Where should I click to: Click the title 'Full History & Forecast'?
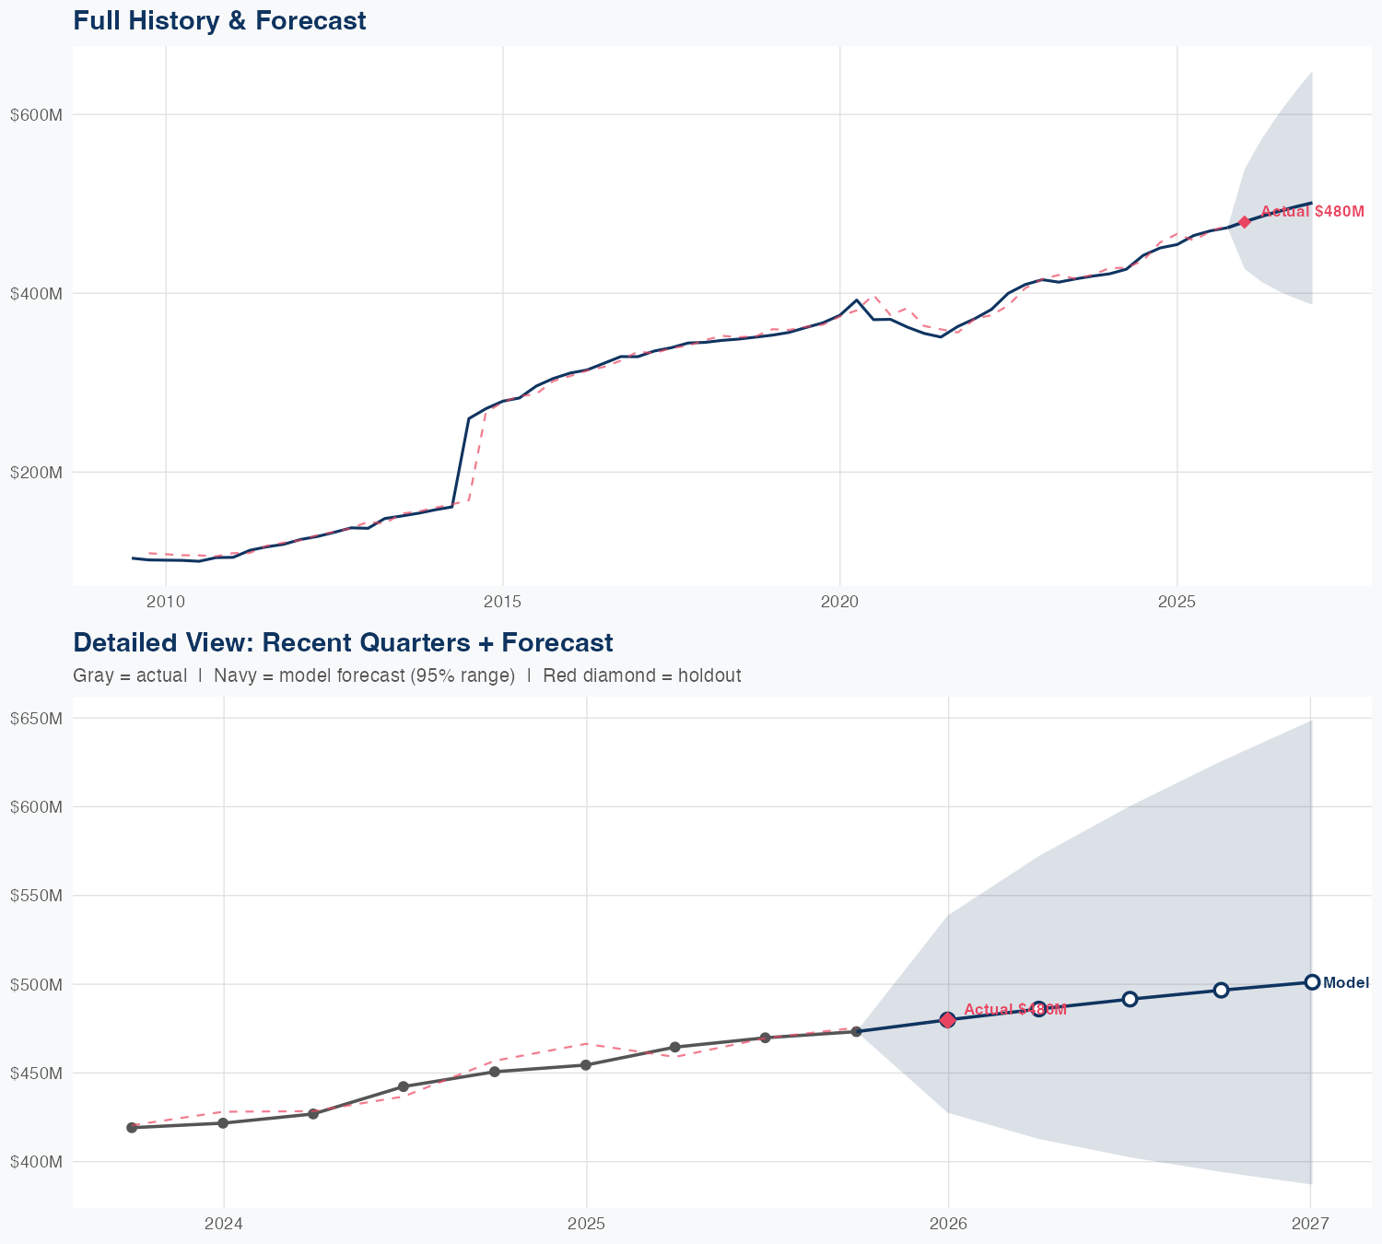(x=219, y=20)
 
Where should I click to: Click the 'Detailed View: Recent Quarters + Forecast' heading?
(x=343, y=642)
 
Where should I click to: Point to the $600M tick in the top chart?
(x=35, y=115)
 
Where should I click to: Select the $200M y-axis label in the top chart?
(x=35, y=473)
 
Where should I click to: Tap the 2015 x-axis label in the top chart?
(x=502, y=603)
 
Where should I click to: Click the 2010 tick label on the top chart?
(x=166, y=603)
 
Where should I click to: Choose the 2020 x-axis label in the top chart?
(x=839, y=603)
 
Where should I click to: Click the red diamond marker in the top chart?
(x=1245, y=222)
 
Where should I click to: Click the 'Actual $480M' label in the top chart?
(x=1312, y=212)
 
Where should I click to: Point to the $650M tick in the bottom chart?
(x=35, y=719)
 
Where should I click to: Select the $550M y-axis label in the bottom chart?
(x=35, y=896)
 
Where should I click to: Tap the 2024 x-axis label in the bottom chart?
(x=223, y=1224)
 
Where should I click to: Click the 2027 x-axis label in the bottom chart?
(x=1310, y=1224)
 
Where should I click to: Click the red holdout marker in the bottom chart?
(x=947, y=1019)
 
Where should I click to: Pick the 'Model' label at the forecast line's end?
(x=1345, y=983)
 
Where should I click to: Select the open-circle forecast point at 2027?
(x=1312, y=982)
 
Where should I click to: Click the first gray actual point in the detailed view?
(x=132, y=1127)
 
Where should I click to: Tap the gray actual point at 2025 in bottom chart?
(x=585, y=1065)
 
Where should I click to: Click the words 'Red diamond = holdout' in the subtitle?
(x=642, y=676)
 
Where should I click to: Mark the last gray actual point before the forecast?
(x=856, y=1031)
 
